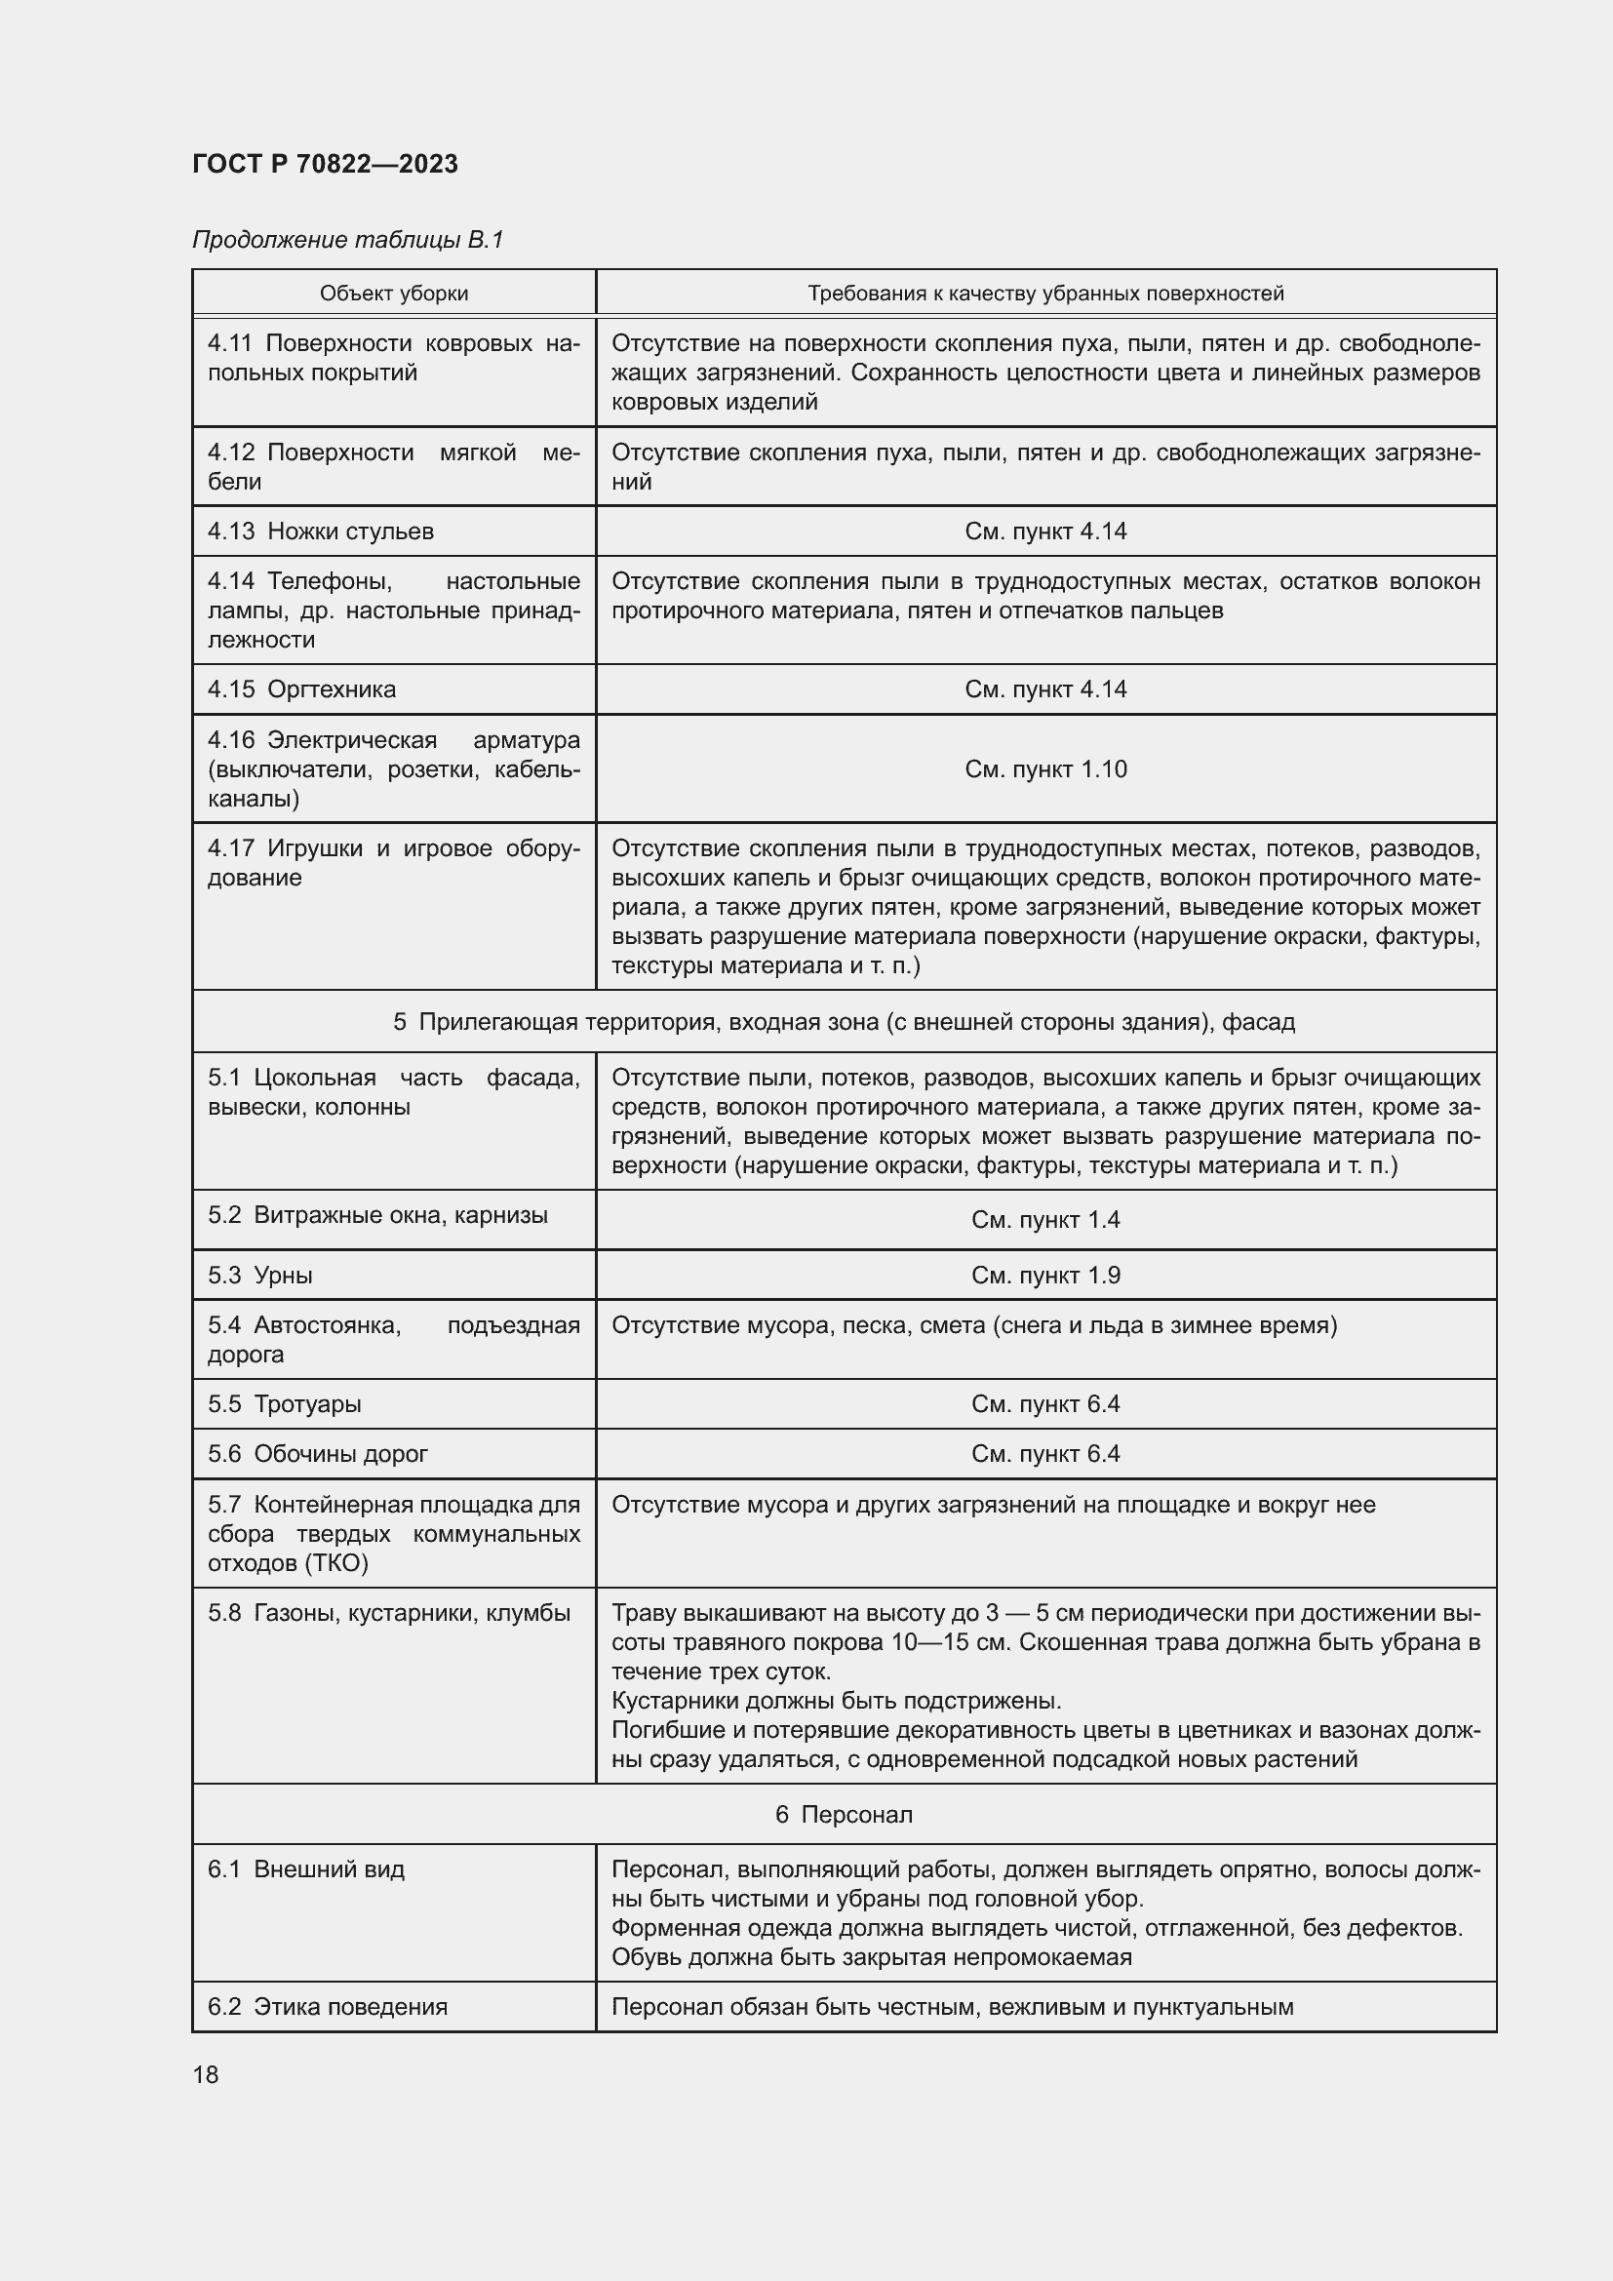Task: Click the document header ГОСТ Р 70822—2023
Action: point(325,164)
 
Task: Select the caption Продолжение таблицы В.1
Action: point(347,240)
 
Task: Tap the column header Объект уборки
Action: point(393,294)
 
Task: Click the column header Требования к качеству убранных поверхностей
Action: point(1044,294)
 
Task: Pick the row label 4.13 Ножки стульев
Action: point(320,531)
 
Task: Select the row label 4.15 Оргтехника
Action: point(301,689)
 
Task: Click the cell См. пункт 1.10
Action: point(1044,768)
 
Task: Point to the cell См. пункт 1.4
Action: point(1044,1220)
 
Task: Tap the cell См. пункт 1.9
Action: point(1044,1276)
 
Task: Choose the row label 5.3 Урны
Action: point(260,1276)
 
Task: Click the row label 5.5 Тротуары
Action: point(284,1404)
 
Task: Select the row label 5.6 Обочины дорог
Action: point(317,1454)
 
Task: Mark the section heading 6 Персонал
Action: point(844,1815)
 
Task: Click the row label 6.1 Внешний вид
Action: point(306,1869)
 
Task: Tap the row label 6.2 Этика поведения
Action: point(327,2007)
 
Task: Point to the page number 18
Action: point(206,2075)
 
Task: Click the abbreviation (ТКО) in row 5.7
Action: point(335,1563)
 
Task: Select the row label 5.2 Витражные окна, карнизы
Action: point(377,1216)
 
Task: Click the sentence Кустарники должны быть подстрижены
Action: point(837,1702)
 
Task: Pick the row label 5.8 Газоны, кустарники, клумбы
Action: point(388,1613)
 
